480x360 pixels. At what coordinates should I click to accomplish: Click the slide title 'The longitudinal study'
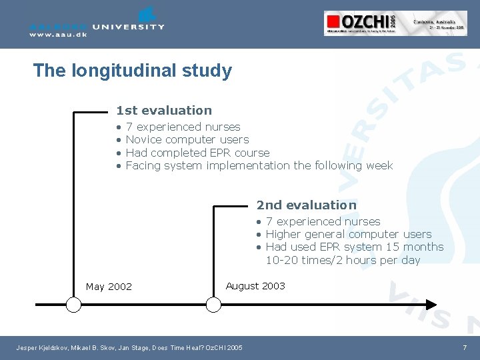(x=132, y=71)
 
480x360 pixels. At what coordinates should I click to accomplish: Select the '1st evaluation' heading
(x=164, y=111)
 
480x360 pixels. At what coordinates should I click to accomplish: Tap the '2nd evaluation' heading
(x=307, y=205)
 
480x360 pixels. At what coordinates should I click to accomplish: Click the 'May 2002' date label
(x=109, y=287)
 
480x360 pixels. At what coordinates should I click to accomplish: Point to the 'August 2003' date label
(x=255, y=286)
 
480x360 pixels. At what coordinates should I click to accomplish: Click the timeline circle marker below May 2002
(x=73, y=305)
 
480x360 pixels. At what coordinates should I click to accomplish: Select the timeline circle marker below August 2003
(x=213, y=305)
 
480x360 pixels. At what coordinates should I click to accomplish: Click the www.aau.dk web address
(x=58, y=35)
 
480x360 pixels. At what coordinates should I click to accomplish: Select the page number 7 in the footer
(x=465, y=348)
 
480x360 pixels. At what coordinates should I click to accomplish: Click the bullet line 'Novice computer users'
(x=187, y=139)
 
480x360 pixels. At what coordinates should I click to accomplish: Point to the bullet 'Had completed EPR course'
(x=197, y=153)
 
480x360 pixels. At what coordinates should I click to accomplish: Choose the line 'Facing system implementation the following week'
(x=259, y=165)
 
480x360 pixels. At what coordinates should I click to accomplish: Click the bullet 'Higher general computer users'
(x=348, y=234)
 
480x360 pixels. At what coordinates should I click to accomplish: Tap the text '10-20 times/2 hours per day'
(x=343, y=260)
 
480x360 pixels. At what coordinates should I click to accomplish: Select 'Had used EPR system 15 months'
(x=354, y=247)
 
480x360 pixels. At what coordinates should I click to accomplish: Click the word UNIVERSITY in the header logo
(x=129, y=27)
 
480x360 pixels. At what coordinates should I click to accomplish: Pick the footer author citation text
(x=129, y=348)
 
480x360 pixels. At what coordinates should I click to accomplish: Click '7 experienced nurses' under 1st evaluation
(x=183, y=127)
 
